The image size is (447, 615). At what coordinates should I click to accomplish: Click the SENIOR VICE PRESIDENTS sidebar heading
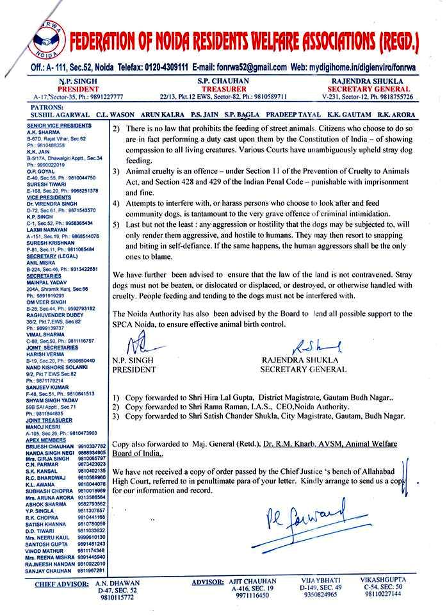(x=59, y=127)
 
